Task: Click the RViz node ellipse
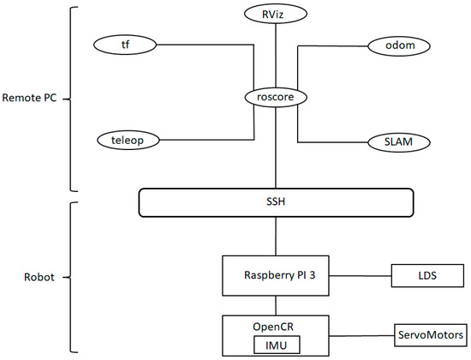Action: coord(275,14)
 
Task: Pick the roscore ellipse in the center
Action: coord(275,98)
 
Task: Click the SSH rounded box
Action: coord(276,202)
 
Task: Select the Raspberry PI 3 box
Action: coord(276,275)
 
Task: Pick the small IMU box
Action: coord(275,344)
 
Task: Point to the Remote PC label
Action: coord(30,99)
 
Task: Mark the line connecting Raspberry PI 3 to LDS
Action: coord(361,275)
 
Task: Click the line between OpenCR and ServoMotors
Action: coord(361,334)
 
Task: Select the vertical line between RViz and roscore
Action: coord(275,56)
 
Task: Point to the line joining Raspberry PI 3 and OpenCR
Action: coord(275,305)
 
